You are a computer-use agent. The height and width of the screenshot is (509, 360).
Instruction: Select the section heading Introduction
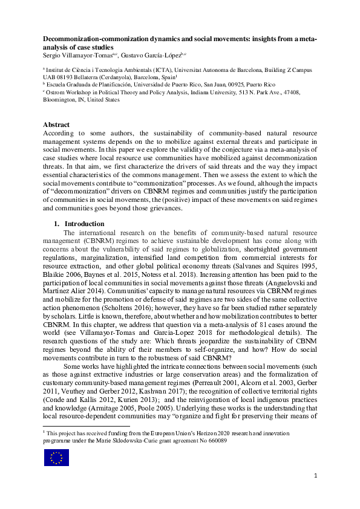(x=85, y=224)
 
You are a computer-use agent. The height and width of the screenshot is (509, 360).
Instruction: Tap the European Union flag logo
(x=56, y=458)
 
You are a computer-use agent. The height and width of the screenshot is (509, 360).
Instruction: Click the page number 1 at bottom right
(x=315, y=476)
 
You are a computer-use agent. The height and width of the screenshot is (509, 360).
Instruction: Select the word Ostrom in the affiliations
(x=59, y=92)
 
